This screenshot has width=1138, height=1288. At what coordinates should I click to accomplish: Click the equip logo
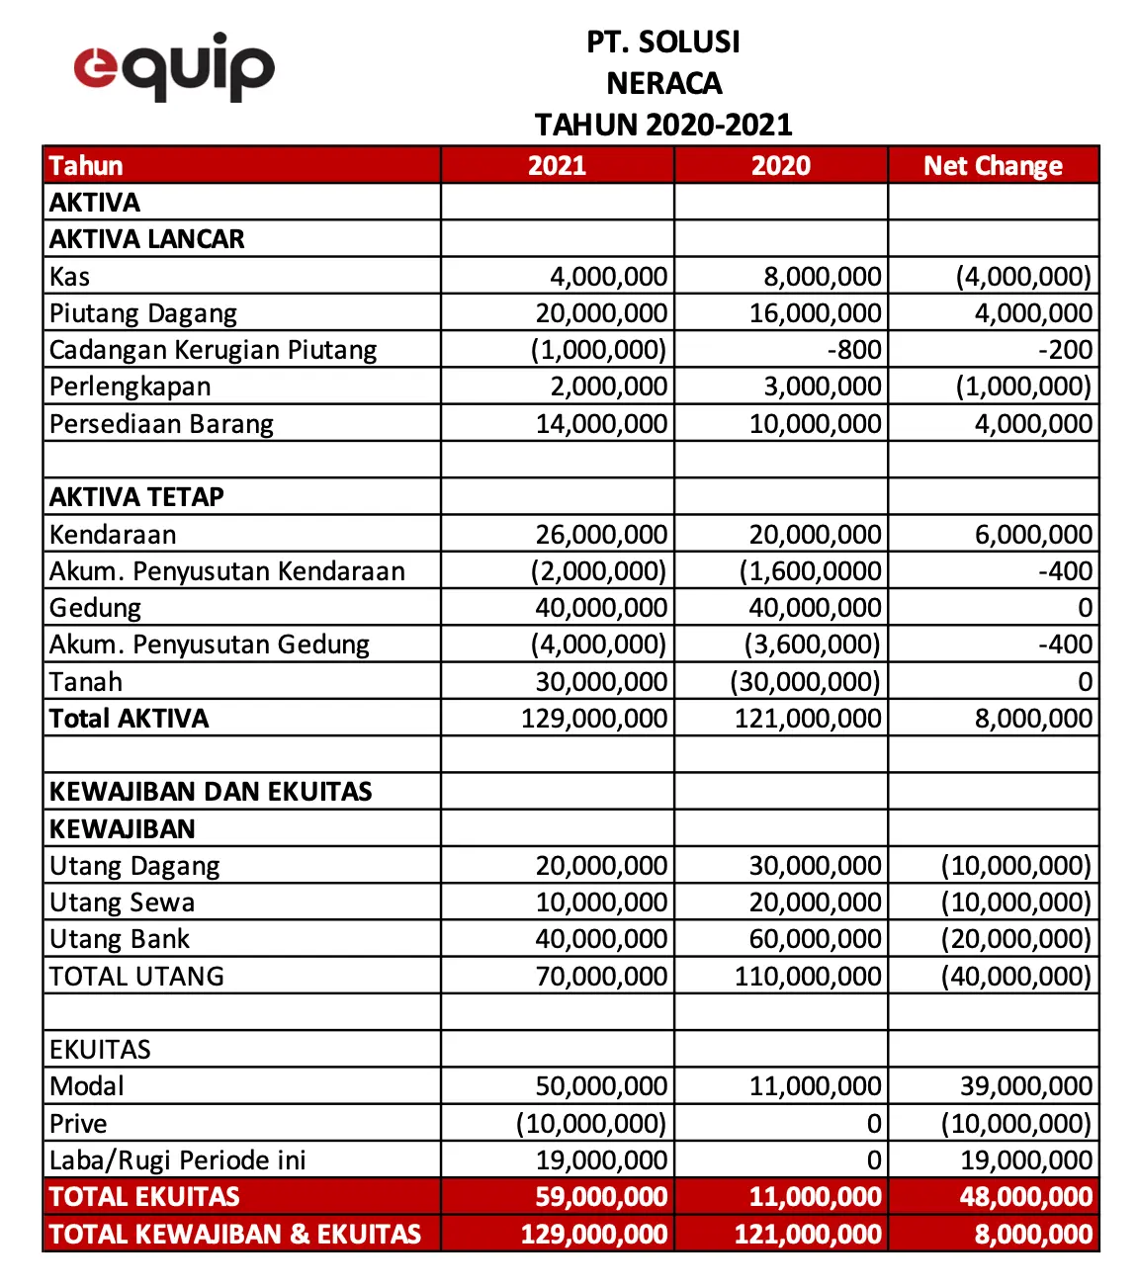click(174, 66)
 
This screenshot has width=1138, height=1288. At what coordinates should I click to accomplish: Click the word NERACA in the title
click(663, 83)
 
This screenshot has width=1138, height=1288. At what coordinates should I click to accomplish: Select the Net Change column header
click(993, 165)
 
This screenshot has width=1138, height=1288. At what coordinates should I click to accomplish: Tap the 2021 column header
click(557, 165)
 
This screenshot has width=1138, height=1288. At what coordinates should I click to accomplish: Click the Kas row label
click(70, 277)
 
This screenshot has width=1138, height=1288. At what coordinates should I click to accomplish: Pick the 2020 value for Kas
click(822, 277)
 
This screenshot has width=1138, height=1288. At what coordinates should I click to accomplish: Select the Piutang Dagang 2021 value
click(601, 313)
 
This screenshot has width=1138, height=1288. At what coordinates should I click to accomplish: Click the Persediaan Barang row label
click(161, 424)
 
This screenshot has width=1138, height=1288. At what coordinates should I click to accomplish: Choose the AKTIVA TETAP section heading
click(136, 496)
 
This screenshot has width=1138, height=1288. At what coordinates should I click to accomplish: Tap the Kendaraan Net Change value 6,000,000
click(1033, 535)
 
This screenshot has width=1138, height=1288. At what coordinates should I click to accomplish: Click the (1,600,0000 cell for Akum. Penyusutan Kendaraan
click(810, 571)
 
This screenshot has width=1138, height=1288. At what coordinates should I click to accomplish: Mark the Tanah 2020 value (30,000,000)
click(805, 682)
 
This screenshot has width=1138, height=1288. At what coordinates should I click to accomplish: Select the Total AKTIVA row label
click(130, 719)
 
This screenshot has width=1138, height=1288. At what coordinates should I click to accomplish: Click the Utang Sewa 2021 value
click(601, 902)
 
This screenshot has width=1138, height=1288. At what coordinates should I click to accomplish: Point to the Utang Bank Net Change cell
click(1015, 939)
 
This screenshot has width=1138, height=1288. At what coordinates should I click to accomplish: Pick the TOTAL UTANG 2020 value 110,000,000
click(807, 977)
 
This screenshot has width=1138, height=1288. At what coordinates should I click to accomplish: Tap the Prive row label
click(78, 1124)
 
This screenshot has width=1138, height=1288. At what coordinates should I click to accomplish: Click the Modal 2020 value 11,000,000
click(815, 1086)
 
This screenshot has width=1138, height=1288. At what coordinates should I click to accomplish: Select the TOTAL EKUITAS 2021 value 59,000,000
click(601, 1197)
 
